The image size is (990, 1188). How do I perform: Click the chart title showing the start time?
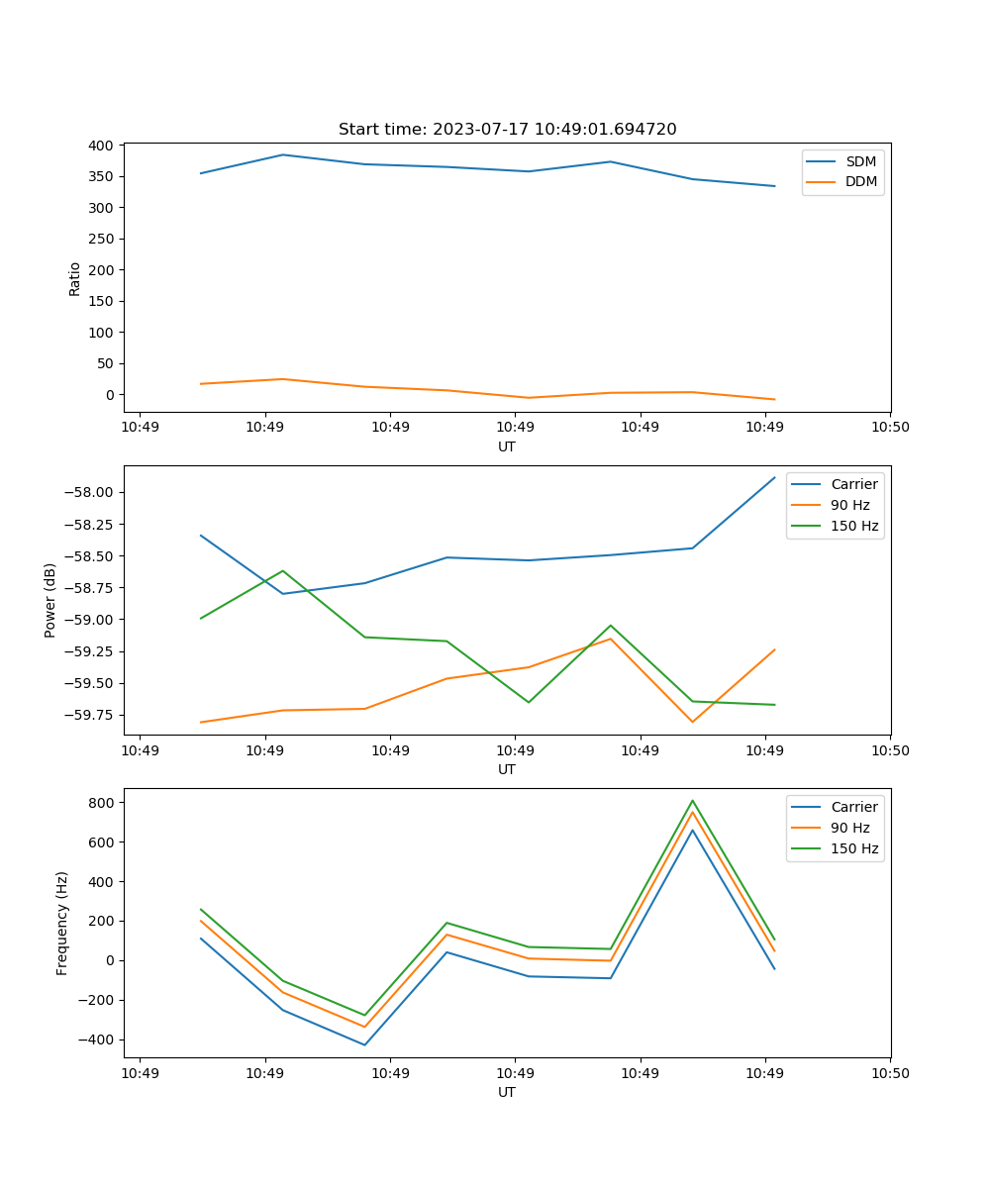coord(507,130)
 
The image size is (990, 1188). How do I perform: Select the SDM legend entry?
coord(860,161)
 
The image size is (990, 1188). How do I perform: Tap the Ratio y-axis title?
coord(75,278)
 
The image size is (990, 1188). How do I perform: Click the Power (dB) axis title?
coord(50,600)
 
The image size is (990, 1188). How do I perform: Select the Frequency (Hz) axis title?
coord(62,923)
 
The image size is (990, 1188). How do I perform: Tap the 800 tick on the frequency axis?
coord(101,803)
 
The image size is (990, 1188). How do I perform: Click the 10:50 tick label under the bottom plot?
coord(890,1072)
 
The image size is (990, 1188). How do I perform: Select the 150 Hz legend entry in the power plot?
coord(854,526)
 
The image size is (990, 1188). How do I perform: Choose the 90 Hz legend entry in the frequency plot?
coord(850,828)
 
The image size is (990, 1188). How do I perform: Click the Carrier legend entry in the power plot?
coord(853,485)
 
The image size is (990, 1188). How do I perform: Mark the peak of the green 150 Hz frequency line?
coord(692,801)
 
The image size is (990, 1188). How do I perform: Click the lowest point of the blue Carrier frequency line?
coord(364,1044)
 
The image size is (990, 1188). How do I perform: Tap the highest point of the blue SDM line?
coord(283,154)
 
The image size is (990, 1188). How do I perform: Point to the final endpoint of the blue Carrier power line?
coord(774,478)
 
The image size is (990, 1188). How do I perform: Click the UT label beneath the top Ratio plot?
coord(507,446)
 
